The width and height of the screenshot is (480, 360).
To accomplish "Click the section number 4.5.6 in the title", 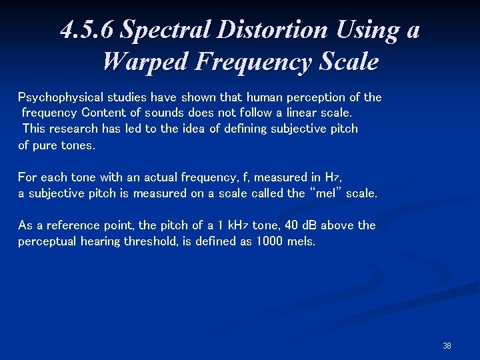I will coord(87,31).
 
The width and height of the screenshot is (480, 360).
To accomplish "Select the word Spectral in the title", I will coord(164,31).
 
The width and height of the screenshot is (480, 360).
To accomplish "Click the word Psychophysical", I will coord(59,97).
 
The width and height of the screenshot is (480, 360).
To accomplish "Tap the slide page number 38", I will coord(447,346).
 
